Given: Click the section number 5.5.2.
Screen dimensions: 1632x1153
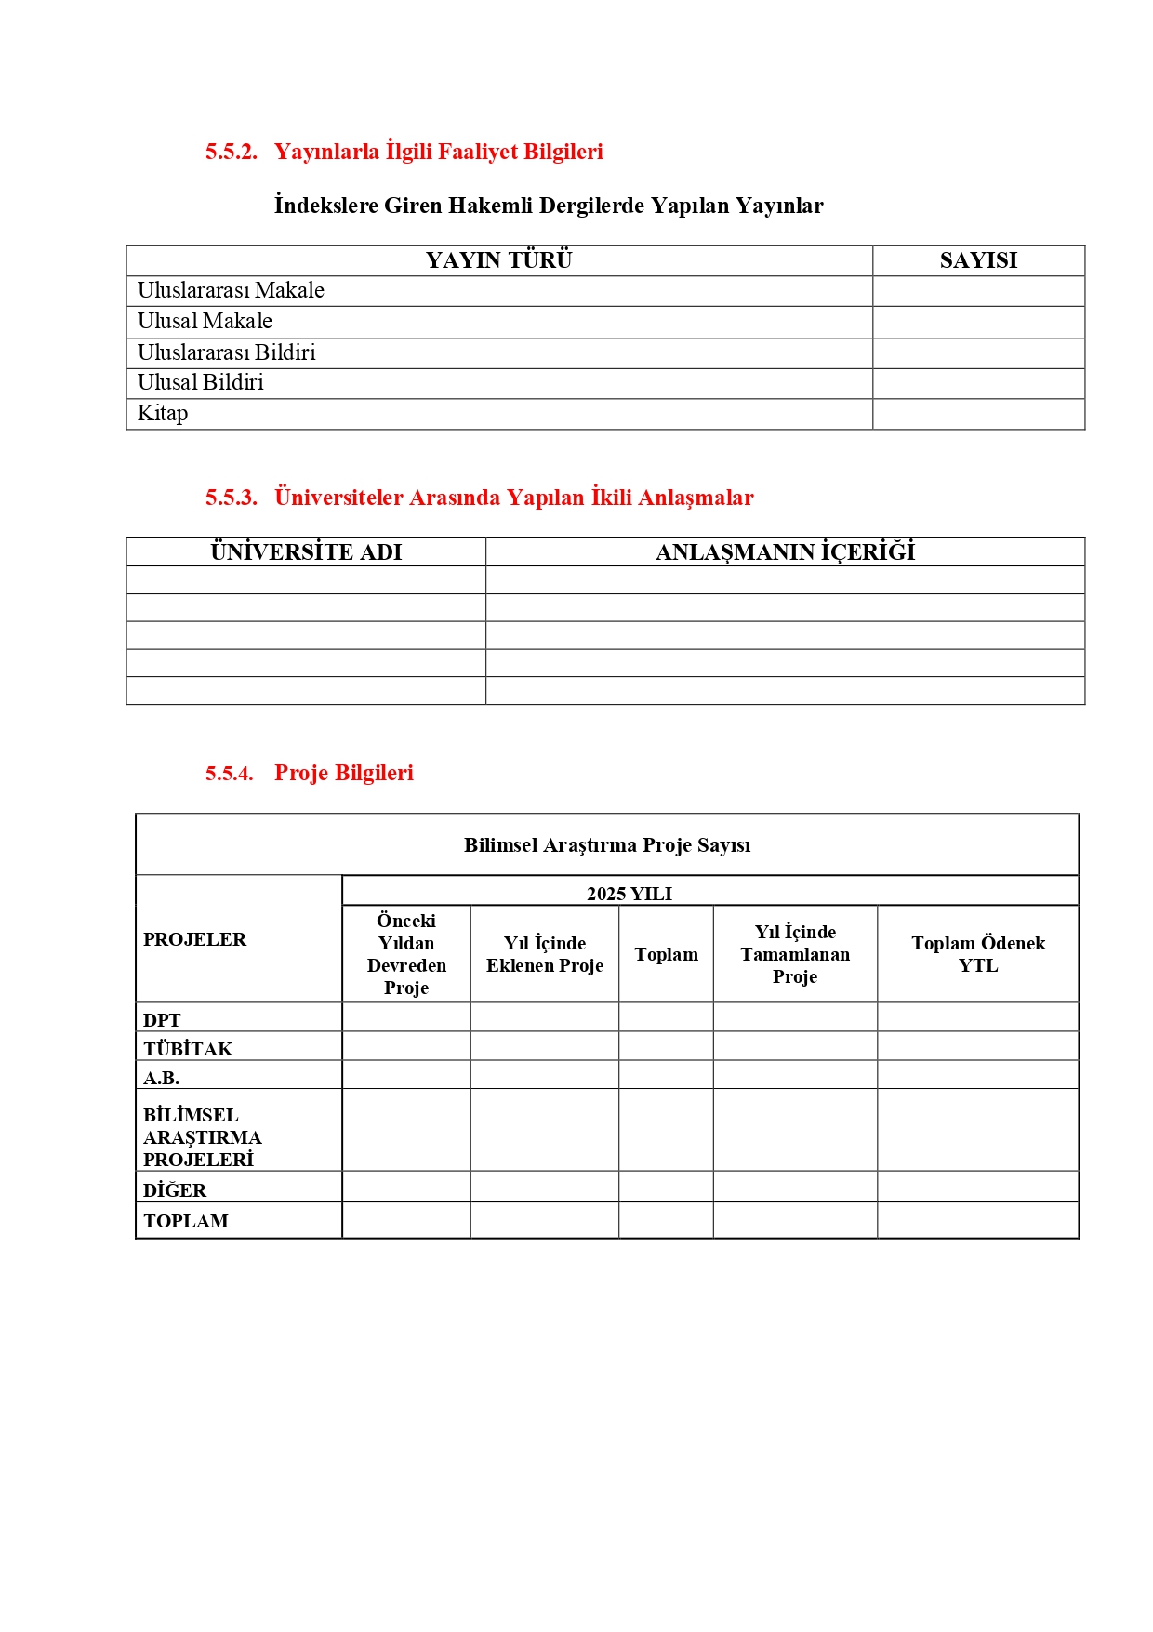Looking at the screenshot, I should click(231, 153).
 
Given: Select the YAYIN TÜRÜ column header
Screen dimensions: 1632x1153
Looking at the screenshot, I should click(498, 260).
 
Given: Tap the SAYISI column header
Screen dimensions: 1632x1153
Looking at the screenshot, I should click(978, 260).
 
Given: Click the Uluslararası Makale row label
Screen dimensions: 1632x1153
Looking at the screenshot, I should click(231, 291).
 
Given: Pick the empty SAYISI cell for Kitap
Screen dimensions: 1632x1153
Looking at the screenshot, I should click(978, 414).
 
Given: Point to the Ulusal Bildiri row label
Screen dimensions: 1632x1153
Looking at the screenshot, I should click(200, 383).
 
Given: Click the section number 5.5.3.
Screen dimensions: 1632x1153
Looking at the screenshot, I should click(231, 498).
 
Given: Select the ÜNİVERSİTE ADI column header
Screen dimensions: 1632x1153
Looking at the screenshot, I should click(306, 552).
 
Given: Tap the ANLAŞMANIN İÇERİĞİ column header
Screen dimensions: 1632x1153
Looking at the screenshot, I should click(785, 552).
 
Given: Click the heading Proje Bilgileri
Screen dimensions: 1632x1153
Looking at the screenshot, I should click(343, 774).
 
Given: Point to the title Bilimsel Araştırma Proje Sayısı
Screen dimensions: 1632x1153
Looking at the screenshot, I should click(607, 845).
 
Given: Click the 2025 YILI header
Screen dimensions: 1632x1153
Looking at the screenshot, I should click(630, 894).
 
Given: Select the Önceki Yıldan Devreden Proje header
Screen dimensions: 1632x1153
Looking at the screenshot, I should click(406, 954).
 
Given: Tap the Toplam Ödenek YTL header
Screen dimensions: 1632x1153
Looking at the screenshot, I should click(978, 954).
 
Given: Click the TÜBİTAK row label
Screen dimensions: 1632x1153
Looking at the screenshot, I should click(188, 1049).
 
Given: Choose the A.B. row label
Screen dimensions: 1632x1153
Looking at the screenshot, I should click(161, 1078).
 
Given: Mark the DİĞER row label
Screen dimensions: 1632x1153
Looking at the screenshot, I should click(175, 1190).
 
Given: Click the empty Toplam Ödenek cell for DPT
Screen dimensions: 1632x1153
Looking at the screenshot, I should click(978, 1017).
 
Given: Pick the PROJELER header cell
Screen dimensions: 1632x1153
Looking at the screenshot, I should click(195, 939).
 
